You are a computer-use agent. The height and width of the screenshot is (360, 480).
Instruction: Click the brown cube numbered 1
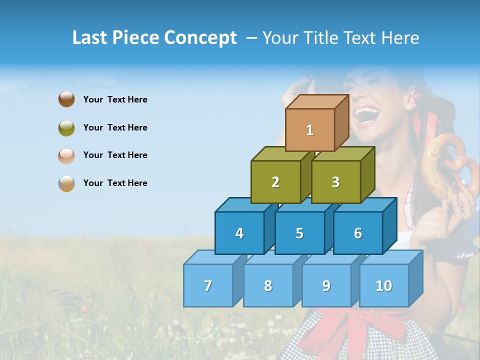310,130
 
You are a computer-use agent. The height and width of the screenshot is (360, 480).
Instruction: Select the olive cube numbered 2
275,182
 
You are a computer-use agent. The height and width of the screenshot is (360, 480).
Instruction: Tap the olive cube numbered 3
335,182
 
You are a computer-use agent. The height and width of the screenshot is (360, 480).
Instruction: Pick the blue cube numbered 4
239,233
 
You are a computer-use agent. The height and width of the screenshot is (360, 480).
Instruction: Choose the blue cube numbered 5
299,233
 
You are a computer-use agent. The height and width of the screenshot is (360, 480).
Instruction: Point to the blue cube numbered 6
358,233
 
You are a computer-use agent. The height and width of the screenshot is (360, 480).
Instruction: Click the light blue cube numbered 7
208,285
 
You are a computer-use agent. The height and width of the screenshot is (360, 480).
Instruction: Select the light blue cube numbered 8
268,285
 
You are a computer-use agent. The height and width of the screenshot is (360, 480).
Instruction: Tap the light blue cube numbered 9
326,285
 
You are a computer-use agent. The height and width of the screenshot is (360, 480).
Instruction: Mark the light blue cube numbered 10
384,285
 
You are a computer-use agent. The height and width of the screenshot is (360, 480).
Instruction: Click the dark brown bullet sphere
66,99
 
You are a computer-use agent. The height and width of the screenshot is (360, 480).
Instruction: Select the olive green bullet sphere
66,127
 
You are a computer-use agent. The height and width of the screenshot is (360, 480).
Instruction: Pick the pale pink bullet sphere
66,155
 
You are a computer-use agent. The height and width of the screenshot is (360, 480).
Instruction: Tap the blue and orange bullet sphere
66,183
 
